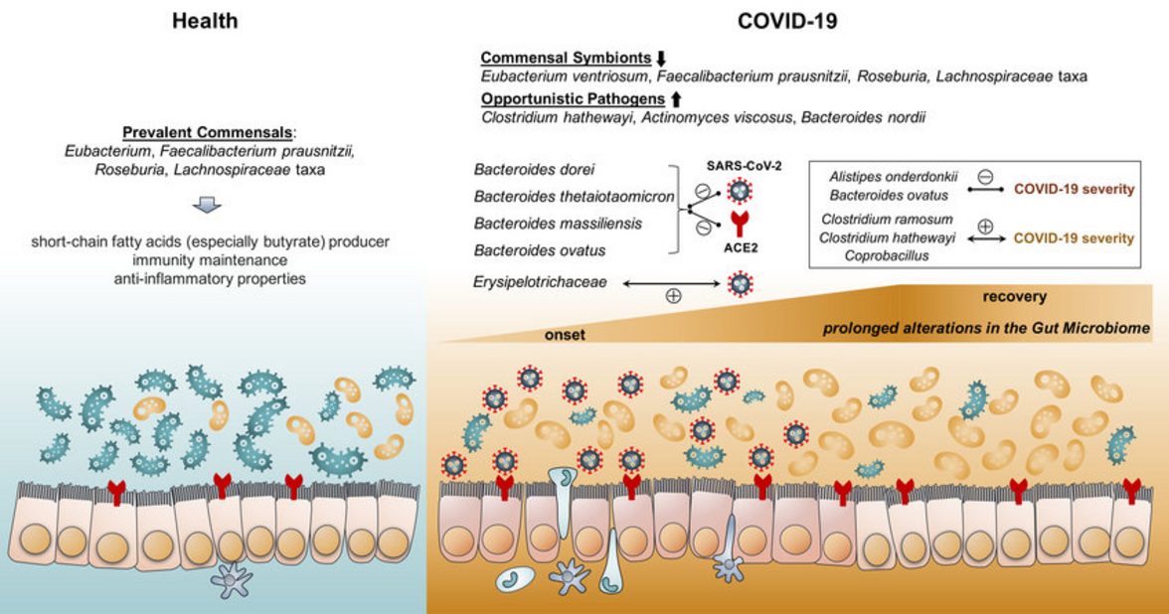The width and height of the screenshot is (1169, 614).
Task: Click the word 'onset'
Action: pyautogui.click(x=564, y=335)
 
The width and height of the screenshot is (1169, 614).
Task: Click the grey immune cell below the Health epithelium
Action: pyautogui.click(x=234, y=578)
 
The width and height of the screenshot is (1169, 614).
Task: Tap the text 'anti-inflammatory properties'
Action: pyautogui.click(x=208, y=279)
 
